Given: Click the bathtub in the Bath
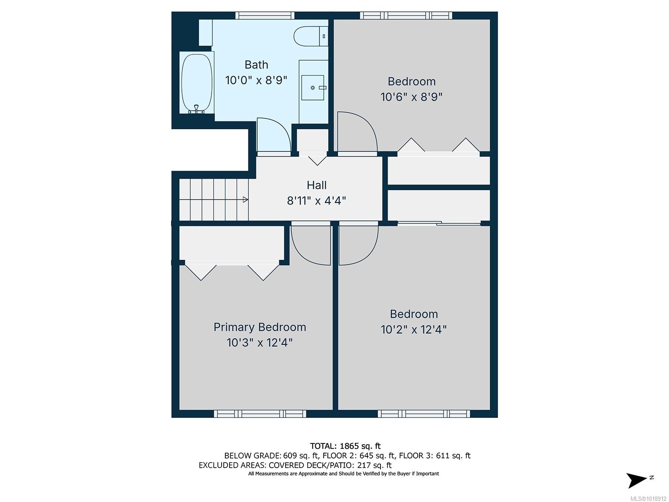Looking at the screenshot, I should point(197,83).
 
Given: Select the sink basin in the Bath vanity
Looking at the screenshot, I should point(313,88).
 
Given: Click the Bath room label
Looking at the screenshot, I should point(256,65).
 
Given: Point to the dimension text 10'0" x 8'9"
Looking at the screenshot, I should point(256,80).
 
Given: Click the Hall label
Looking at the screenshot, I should point(317,185).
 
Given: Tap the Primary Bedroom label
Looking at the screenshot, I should point(260,327).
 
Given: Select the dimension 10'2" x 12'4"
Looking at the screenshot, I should point(414,330).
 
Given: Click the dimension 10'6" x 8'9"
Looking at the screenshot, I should point(411,97).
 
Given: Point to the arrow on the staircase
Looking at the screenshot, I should point(245,200).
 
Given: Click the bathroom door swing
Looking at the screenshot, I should point(273,136).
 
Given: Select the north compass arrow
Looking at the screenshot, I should point(636,479).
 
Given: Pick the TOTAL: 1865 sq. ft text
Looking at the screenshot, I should point(345,446).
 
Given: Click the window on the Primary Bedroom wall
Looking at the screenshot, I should point(260,414).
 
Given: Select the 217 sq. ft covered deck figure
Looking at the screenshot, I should point(374,465).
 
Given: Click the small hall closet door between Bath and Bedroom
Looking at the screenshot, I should point(317,159).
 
